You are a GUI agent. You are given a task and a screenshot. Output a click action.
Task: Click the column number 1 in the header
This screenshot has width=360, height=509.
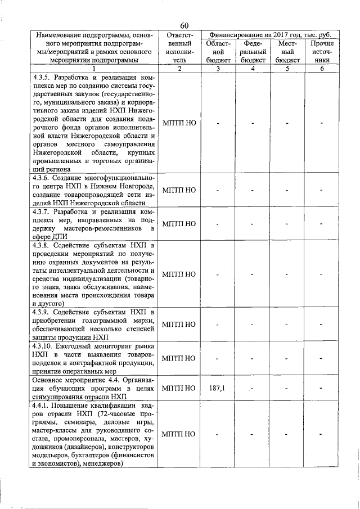tap(93, 69)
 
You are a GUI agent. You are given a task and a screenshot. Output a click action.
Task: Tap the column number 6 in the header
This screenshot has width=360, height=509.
tap(322, 69)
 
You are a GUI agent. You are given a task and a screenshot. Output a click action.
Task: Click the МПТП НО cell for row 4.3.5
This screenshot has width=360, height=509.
tap(179, 123)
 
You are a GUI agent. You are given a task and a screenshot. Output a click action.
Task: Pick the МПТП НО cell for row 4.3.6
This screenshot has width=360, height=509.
tap(179, 190)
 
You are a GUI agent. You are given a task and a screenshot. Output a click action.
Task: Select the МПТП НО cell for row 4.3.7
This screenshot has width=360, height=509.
tap(179, 224)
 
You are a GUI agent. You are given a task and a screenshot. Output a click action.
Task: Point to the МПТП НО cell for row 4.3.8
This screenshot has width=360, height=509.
tap(179, 274)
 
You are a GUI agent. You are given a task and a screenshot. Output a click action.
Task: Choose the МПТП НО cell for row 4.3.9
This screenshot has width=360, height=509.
tap(179, 325)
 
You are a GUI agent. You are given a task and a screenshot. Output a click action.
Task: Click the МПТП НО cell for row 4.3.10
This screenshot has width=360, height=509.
tap(179, 358)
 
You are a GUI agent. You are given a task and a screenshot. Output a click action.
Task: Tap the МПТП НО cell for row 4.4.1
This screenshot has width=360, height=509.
tap(179, 434)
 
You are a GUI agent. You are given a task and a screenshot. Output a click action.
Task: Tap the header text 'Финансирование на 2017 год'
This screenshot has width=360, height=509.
tap(254, 35)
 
